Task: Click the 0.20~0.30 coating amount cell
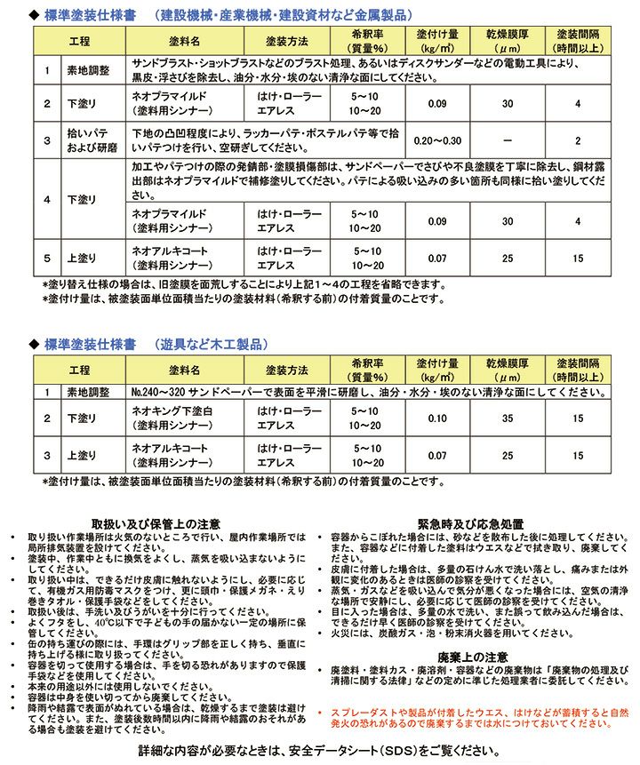(x=437, y=140)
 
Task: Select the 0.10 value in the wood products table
(x=437, y=418)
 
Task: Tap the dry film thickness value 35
(x=508, y=418)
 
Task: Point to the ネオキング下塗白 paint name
(x=172, y=410)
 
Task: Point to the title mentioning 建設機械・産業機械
(x=293, y=14)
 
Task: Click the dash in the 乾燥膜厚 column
(x=508, y=140)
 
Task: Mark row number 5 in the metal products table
(x=47, y=259)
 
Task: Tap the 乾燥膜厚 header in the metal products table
(x=508, y=41)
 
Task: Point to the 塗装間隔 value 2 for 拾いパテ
(x=579, y=140)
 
